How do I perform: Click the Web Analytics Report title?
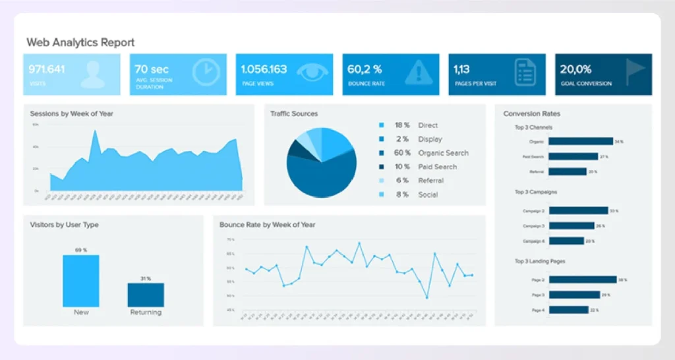(x=80, y=43)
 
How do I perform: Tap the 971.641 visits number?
(x=47, y=69)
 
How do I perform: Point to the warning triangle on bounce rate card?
(x=419, y=73)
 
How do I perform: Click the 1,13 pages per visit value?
(x=462, y=69)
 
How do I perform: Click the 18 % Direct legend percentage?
(x=402, y=125)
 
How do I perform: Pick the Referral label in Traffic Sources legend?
(x=431, y=181)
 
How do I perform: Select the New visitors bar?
(x=81, y=281)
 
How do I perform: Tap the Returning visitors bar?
(x=146, y=295)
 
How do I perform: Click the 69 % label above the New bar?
(x=81, y=251)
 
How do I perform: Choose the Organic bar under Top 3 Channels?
(x=581, y=142)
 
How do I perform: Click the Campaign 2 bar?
(x=578, y=211)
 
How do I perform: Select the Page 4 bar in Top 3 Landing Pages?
(x=568, y=310)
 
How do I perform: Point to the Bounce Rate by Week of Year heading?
(x=267, y=225)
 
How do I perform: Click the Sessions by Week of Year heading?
(x=71, y=114)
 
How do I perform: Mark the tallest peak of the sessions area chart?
(x=96, y=132)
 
